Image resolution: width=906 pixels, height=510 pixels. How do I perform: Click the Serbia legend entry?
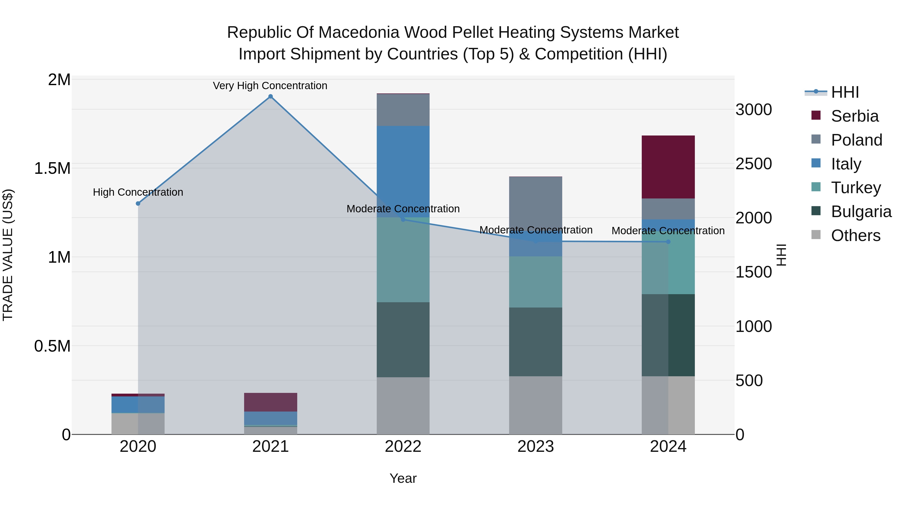coord(854,116)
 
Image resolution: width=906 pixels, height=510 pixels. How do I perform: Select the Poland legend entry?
coord(856,140)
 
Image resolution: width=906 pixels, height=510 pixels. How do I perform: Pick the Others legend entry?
coord(855,235)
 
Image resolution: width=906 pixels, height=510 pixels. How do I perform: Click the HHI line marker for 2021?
coord(271,96)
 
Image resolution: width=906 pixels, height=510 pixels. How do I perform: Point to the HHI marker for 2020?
coord(138,203)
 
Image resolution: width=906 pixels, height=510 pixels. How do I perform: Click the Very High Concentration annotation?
coord(270,86)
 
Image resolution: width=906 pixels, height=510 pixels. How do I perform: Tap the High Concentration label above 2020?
coord(138,192)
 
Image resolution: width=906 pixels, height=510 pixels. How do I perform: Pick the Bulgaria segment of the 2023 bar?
coord(535,342)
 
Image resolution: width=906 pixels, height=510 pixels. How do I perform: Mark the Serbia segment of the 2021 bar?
coord(271,402)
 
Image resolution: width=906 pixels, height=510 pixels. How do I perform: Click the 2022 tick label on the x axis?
coord(403,447)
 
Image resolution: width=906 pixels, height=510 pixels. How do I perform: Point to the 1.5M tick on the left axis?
coord(52,168)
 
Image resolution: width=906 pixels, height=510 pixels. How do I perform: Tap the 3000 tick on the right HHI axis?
coord(753,110)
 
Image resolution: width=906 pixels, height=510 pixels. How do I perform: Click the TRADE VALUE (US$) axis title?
coord(8,255)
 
